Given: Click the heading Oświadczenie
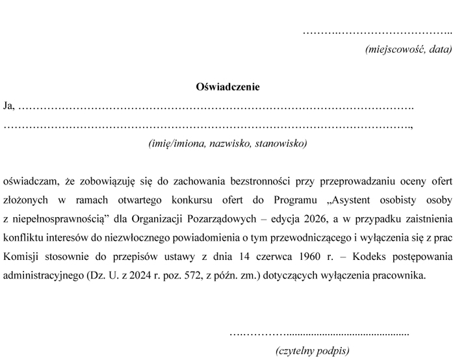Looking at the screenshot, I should (x=227, y=86).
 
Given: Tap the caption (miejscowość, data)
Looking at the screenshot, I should (x=408, y=49).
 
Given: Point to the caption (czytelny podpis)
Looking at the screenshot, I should (x=313, y=350).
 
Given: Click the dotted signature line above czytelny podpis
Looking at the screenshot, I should (x=319, y=333).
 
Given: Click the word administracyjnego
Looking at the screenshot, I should (x=42, y=275).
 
